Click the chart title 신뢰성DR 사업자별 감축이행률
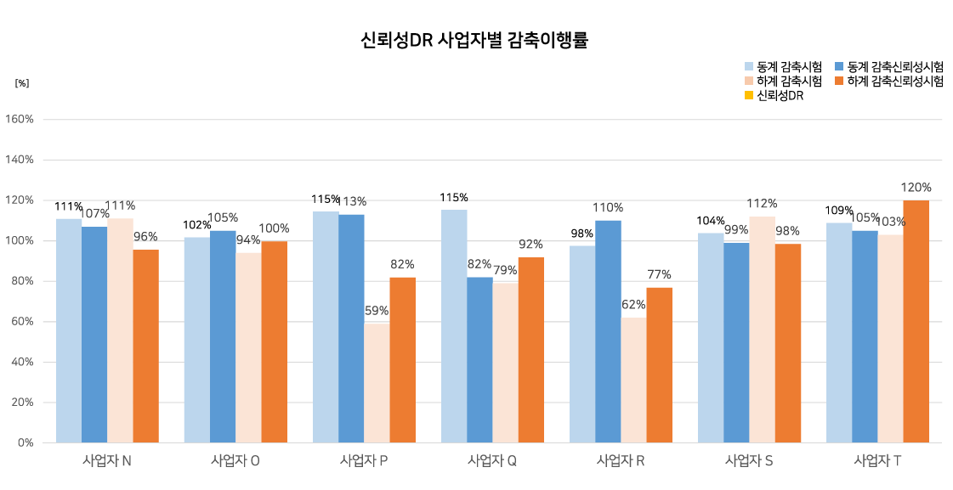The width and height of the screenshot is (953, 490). tap(474, 40)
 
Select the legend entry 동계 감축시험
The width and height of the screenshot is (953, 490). tap(789, 66)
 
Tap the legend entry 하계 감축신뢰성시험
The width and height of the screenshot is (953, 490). tap(895, 81)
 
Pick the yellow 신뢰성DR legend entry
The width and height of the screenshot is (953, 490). tap(780, 95)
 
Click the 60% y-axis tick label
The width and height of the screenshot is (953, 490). tap(23, 322)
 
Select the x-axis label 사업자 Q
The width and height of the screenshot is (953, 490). tap(492, 461)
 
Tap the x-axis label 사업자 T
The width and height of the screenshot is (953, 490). tap(877, 461)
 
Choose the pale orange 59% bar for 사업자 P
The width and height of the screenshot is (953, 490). tap(377, 383)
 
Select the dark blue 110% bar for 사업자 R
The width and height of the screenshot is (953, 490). tap(608, 331)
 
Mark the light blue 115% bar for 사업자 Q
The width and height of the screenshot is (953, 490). tap(454, 326)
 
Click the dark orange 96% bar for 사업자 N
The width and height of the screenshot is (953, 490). tap(145, 346)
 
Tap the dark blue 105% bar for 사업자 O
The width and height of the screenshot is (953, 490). tap(223, 336)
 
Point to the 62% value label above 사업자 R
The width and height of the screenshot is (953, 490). tap(633, 305)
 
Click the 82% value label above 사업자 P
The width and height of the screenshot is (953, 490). tap(402, 264)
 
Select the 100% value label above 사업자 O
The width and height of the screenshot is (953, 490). tap(274, 228)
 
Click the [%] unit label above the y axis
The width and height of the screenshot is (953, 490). tap(22, 83)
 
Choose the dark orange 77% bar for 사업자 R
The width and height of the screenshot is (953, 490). tap(659, 365)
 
